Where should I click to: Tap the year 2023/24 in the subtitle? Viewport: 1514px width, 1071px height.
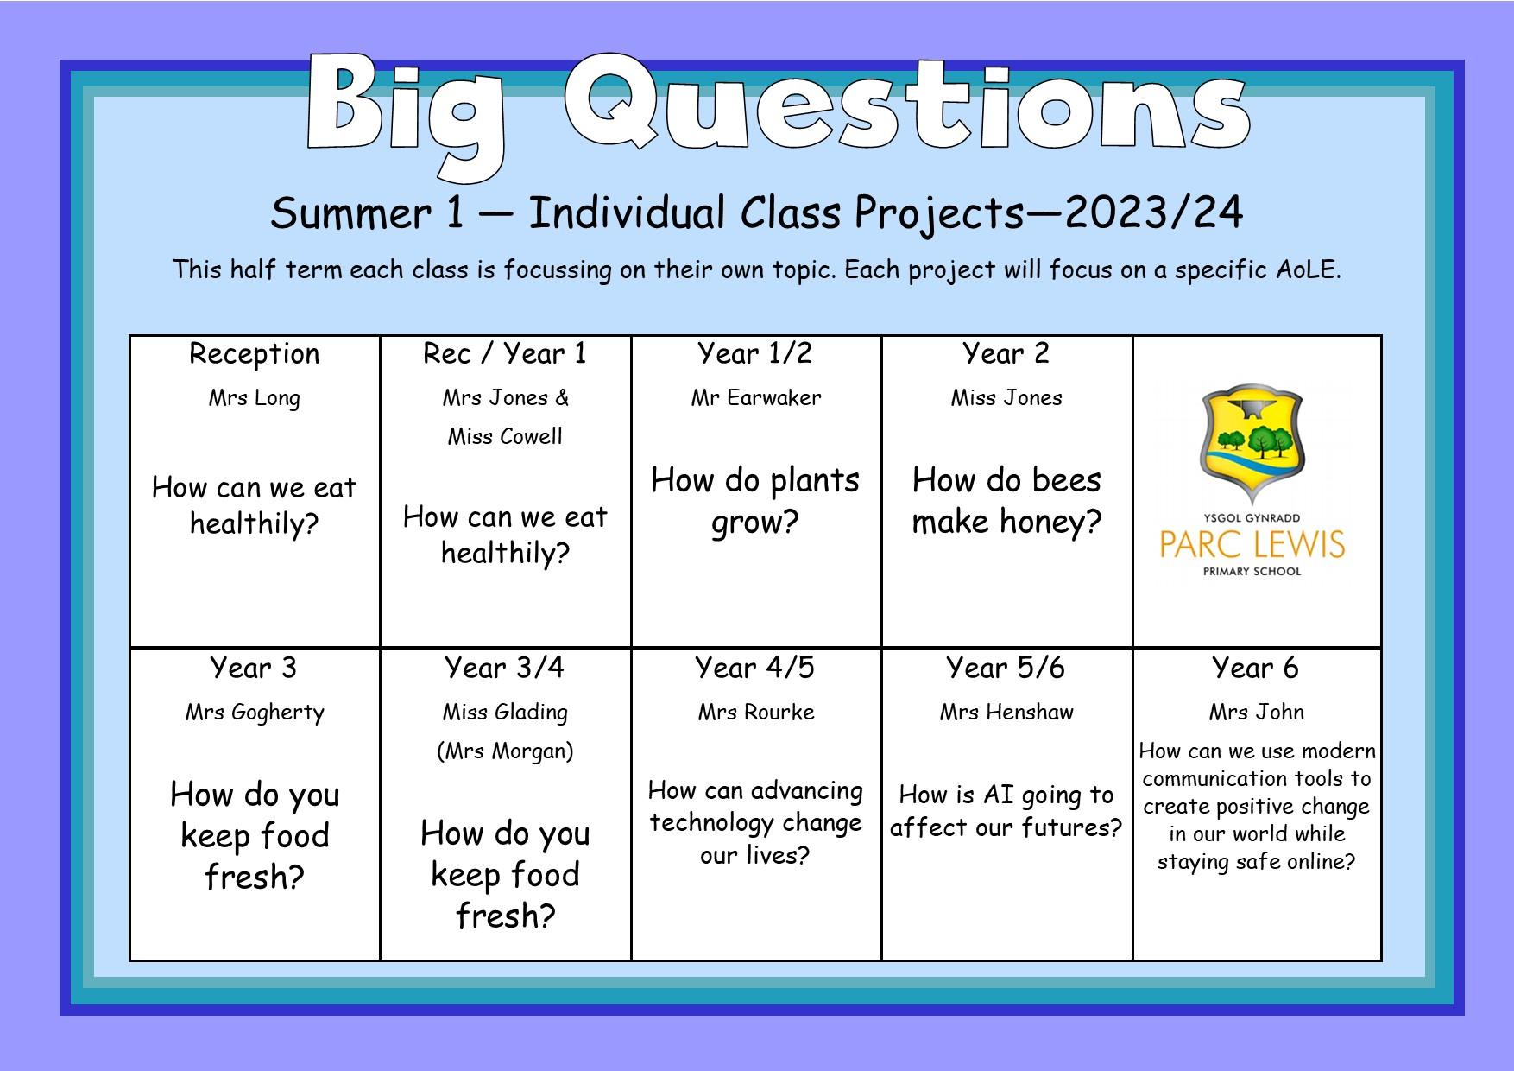(1154, 212)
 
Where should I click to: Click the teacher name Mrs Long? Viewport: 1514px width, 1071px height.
(255, 399)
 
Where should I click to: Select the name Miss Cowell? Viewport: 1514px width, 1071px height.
(505, 436)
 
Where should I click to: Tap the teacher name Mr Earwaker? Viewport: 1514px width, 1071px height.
(756, 397)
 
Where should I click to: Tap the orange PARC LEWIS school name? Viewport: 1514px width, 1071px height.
(1252, 545)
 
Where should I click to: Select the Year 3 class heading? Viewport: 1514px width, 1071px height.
(254, 668)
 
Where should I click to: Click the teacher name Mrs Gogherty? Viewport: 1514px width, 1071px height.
(255, 713)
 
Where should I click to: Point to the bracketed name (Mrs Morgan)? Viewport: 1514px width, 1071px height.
(505, 751)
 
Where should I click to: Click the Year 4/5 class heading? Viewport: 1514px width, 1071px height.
(755, 668)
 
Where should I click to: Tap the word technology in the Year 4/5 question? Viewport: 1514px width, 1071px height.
(756, 824)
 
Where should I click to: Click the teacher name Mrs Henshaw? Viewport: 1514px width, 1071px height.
(1006, 713)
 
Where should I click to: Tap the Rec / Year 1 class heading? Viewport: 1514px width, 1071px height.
(505, 353)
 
